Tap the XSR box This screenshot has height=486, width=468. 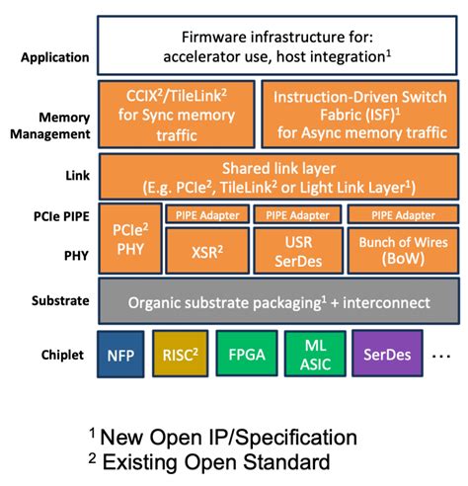pos(206,251)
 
